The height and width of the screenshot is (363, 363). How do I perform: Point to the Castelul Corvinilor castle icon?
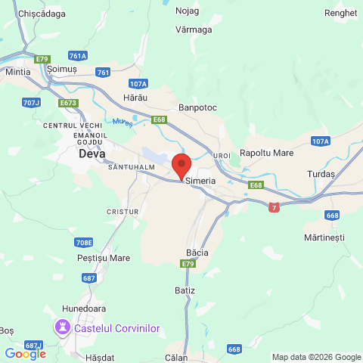tap(61, 327)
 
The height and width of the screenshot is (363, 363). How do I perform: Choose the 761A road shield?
tap(77, 55)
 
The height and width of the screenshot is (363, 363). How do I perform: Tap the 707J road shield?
tap(31, 102)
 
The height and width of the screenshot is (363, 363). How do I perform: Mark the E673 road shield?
tap(69, 102)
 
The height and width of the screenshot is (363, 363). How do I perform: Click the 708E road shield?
tap(84, 242)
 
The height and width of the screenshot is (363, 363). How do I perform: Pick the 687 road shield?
tap(89, 278)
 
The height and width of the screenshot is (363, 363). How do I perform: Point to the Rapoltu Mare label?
tap(266, 153)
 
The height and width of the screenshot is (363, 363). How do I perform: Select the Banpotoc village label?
tap(199, 108)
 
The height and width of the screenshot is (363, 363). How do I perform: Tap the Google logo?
tap(25, 353)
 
